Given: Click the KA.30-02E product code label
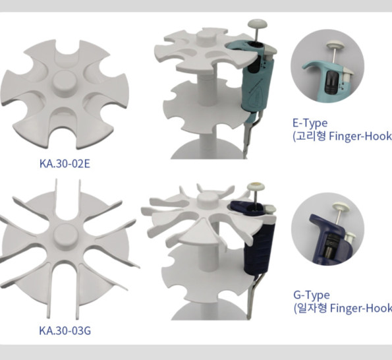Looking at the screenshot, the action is tap(65, 164).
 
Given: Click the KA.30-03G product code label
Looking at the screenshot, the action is tap(65, 330).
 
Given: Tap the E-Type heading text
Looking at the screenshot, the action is tap(310, 123).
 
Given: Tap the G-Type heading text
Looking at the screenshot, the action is tap(311, 295).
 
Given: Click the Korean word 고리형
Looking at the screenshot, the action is tap(311, 136).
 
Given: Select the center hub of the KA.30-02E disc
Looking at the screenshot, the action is tap(65, 82).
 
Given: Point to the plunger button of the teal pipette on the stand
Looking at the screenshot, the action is tap(258, 24).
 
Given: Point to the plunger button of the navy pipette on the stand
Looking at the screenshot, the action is tap(256, 187).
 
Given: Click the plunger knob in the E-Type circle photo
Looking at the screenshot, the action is tap(335, 45).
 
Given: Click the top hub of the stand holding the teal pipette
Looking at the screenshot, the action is tap(206, 36).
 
